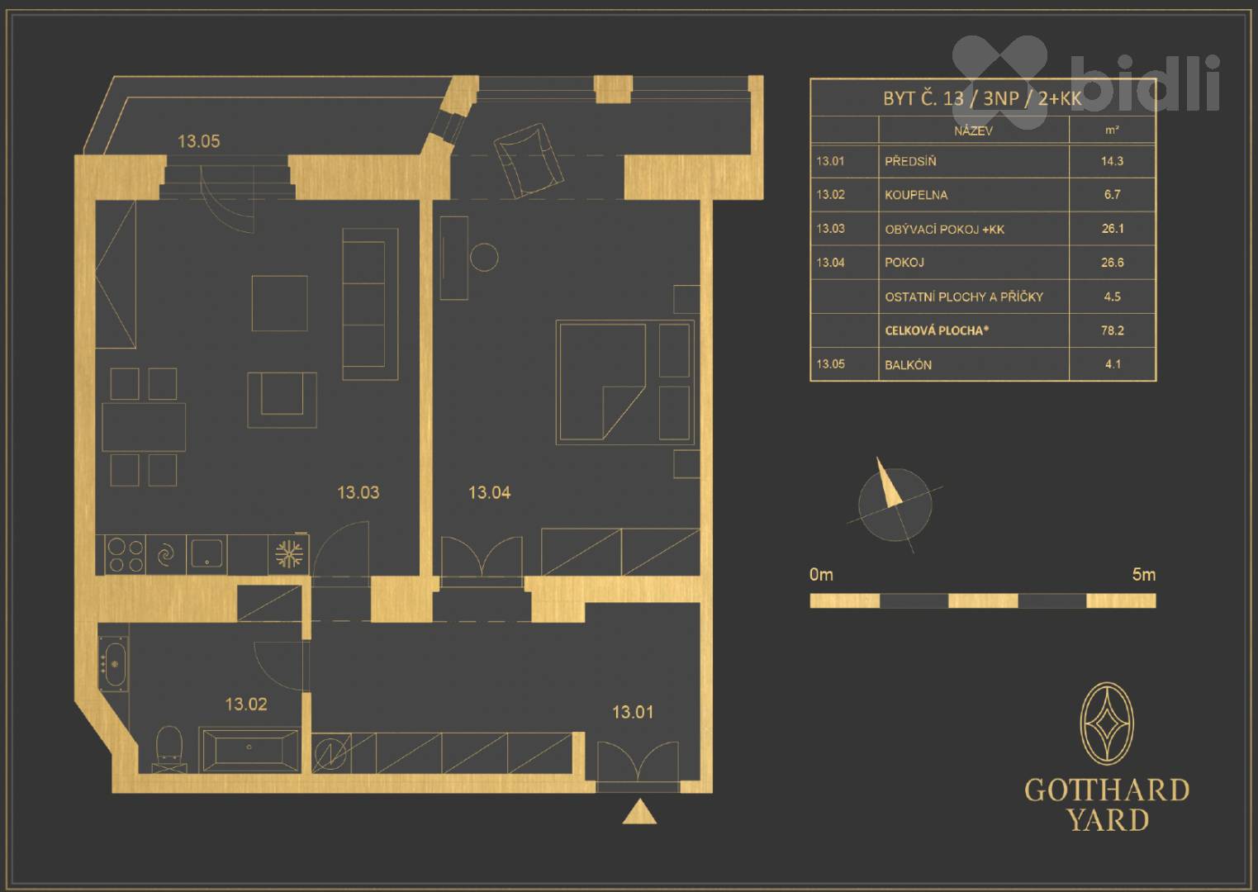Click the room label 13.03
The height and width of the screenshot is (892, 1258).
(x=358, y=492)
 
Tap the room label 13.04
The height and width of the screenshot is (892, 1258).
(x=490, y=492)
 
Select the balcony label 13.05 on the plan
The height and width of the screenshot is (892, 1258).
(x=199, y=141)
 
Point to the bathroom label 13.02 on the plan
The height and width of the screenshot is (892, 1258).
(x=246, y=704)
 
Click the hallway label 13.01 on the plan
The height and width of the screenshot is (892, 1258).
(x=633, y=712)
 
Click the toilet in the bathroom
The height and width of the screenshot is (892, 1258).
(x=169, y=749)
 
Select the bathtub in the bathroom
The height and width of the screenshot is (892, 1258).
(x=250, y=751)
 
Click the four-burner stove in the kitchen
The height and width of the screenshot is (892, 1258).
(x=126, y=555)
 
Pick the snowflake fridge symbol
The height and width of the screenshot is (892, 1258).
(x=288, y=554)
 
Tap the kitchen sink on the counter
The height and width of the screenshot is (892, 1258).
(x=207, y=553)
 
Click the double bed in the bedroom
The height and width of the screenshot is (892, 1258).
(x=624, y=382)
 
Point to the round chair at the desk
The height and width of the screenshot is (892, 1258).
(x=483, y=258)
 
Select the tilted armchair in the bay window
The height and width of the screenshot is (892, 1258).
(x=528, y=160)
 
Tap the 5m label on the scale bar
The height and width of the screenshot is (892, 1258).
(x=1143, y=575)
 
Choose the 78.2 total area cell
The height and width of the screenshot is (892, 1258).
(x=1112, y=330)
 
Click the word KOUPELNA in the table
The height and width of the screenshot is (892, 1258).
(x=916, y=195)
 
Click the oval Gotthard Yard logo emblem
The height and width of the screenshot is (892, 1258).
(x=1107, y=724)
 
